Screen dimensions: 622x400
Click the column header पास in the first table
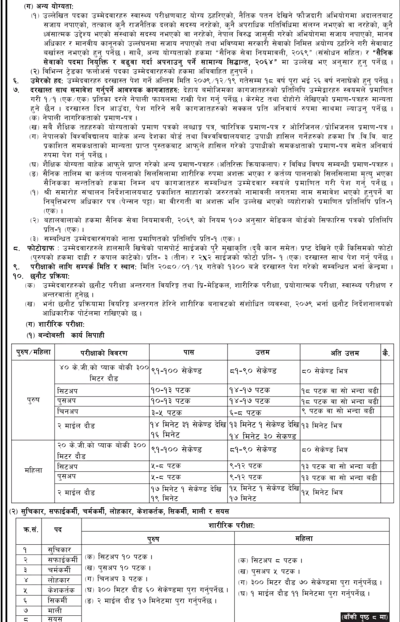click(188, 352)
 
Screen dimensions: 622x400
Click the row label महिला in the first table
click(33, 470)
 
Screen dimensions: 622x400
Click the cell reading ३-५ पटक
click(166, 413)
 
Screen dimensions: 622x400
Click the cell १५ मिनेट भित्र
click(322, 492)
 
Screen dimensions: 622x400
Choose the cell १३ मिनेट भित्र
click(322, 425)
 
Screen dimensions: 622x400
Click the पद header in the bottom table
click(58, 529)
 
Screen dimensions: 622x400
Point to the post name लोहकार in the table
click(58, 580)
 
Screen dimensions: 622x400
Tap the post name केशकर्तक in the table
click(61, 590)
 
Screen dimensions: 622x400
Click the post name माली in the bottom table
click(55, 610)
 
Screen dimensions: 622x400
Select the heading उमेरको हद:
click(50, 81)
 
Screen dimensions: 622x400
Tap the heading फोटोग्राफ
click(48, 248)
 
